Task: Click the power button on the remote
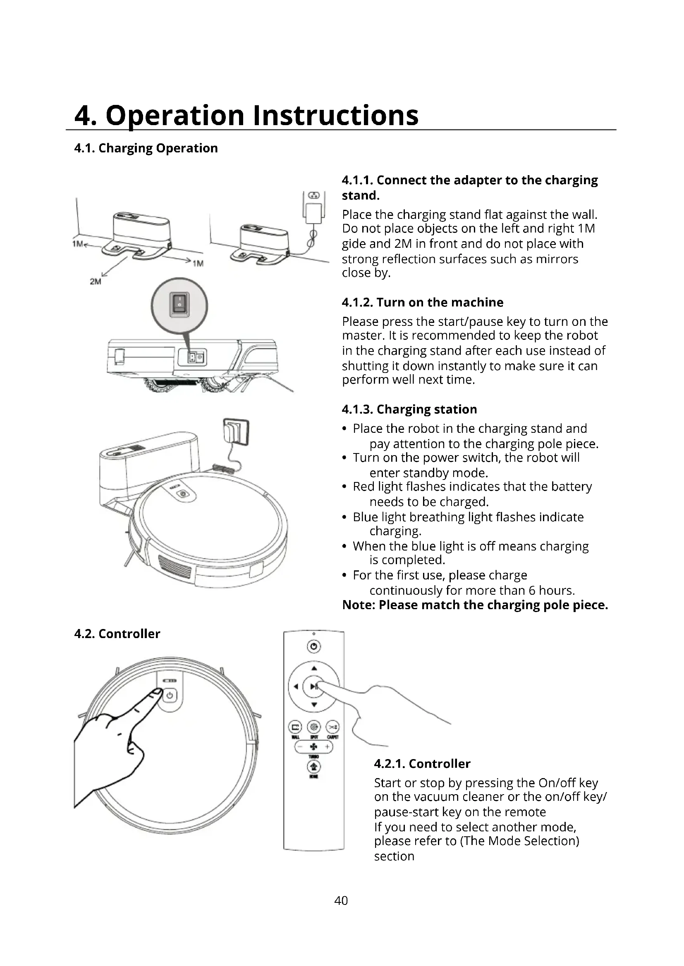(313, 646)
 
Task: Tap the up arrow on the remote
(314, 668)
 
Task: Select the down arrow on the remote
(314, 705)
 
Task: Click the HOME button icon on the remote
(313, 767)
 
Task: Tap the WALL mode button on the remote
(295, 726)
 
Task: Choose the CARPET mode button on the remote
(333, 726)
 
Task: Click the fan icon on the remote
(314, 747)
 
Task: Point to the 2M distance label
(96, 282)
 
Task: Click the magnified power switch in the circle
(179, 305)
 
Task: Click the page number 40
(341, 900)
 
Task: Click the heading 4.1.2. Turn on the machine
(423, 302)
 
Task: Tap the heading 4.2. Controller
(117, 634)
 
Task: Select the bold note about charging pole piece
(475, 605)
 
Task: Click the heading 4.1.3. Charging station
(409, 409)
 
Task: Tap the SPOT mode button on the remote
(314, 726)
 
